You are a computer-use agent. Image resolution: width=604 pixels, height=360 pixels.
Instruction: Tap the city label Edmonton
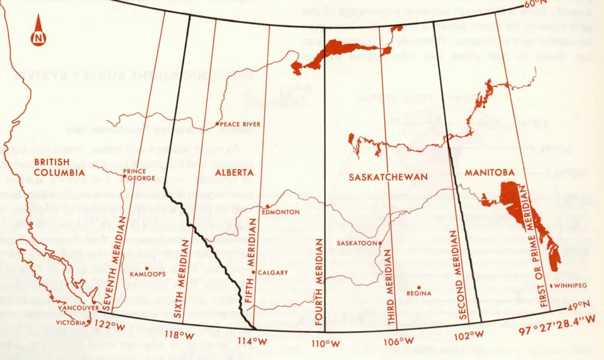[281, 212]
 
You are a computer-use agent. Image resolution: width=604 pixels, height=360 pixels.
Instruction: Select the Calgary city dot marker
[254, 272]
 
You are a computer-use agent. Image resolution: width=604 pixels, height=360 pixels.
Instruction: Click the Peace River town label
[240, 124]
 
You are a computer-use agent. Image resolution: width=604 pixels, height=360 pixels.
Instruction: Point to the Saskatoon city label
[357, 244]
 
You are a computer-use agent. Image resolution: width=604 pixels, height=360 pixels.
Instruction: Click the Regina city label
[419, 294]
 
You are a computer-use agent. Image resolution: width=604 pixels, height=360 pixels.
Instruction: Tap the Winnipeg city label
[570, 286]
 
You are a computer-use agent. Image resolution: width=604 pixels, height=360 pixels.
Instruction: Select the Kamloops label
[147, 274]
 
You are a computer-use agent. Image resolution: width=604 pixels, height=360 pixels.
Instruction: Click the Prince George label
[134, 175]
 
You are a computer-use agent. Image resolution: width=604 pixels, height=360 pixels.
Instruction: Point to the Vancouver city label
[79, 308]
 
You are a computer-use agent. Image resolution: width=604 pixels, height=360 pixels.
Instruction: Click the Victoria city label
[71, 323]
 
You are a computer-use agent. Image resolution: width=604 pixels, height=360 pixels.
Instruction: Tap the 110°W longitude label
[326, 344]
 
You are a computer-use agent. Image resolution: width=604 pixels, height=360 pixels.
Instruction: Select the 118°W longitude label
[179, 336]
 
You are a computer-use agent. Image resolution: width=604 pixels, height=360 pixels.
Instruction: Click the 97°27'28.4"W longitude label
[556, 325]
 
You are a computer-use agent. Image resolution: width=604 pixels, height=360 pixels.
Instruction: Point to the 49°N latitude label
[579, 306]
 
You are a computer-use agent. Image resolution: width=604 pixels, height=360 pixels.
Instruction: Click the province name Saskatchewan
[388, 177]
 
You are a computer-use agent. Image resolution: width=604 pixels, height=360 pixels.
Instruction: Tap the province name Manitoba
[490, 172]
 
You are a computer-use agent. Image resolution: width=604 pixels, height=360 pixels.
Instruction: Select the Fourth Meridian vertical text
[319, 281]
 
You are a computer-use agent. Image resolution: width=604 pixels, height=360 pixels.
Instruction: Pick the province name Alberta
[234, 172]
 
